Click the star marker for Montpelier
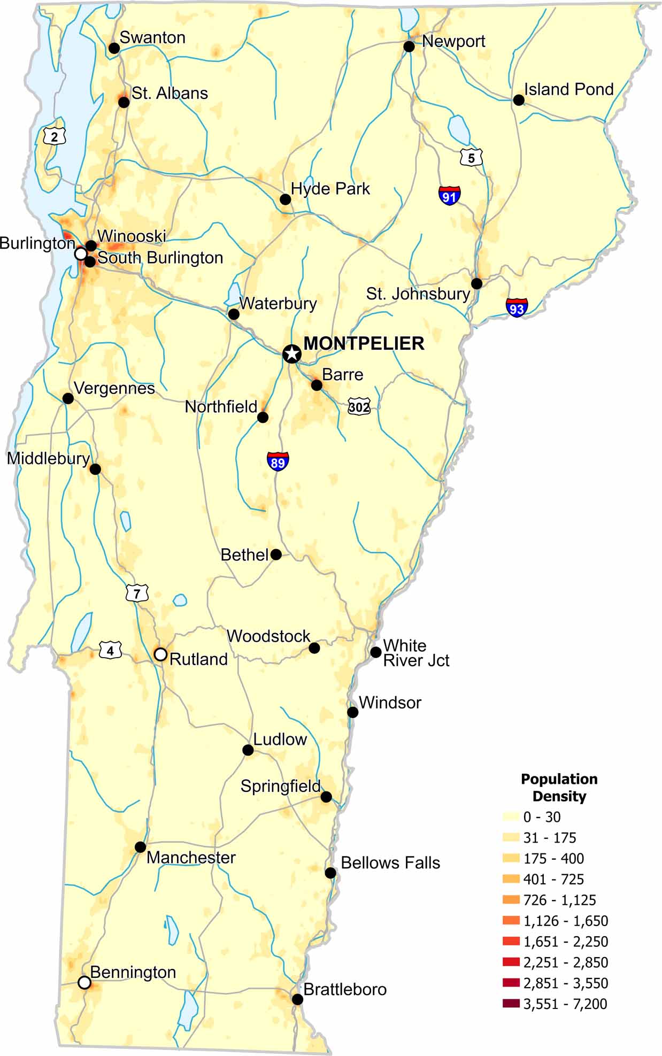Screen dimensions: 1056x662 (x=291, y=353)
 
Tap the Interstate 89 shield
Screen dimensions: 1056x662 (x=278, y=461)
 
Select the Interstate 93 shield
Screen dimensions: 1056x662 (x=517, y=308)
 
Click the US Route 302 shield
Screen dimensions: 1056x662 (x=359, y=407)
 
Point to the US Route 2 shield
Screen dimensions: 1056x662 (x=55, y=137)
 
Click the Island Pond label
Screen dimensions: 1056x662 (x=568, y=89)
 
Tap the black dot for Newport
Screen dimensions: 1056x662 (x=409, y=47)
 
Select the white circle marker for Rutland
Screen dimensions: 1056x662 (x=160, y=654)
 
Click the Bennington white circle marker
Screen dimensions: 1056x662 (x=84, y=982)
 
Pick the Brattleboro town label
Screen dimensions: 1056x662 (x=345, y=990)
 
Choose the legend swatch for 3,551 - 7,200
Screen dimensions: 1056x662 (x=511, y=1004)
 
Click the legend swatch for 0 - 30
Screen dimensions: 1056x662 (x=511, y=816)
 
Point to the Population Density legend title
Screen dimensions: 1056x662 (x=559, y=787)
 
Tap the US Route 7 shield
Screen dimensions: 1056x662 (x=137, y=593)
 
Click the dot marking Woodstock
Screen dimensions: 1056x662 (x=314, y=648)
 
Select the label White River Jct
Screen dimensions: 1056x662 (x=415, y=653)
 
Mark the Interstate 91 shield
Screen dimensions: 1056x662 (x=450, y=196)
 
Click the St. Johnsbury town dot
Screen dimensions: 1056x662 (x=476, y=283)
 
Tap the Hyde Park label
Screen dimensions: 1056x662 (x=330, y=189)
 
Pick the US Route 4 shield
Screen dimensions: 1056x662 (x=111, y=651)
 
